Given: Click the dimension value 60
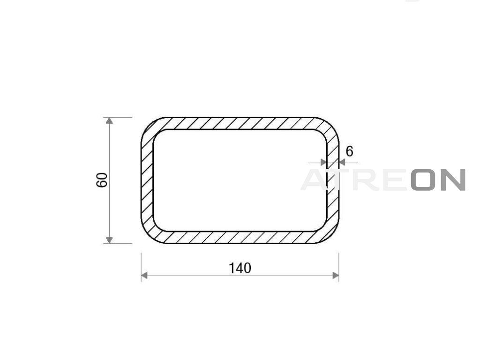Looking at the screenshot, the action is [x=102, y=180].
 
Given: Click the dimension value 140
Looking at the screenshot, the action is [x=240, y=268].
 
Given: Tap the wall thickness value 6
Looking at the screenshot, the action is [x=349, y=151].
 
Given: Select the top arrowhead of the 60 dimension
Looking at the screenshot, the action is [x=109, y=120].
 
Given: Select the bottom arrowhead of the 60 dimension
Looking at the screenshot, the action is [x=109, y=240].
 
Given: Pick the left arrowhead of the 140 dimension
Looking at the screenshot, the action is [x=144, y=276].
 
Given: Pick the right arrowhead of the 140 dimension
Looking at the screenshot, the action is [x=336, y=276].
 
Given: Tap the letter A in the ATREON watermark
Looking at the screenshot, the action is [x=315, y=180].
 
